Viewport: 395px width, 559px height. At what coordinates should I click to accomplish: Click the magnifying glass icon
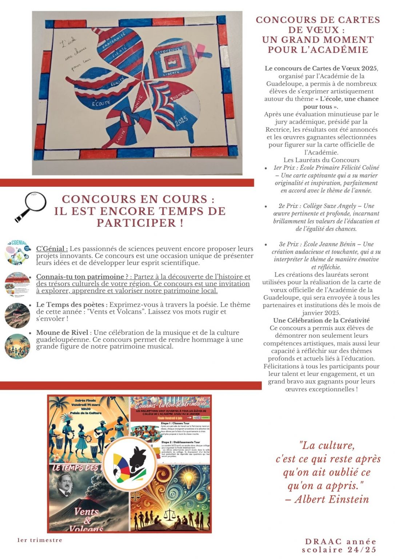31,206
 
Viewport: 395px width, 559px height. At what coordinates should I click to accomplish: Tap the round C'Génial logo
17,253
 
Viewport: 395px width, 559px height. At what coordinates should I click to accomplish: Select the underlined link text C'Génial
52,249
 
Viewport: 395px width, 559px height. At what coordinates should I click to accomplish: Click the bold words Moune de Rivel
62,333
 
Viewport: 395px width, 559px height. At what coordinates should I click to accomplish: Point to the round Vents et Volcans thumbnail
17,316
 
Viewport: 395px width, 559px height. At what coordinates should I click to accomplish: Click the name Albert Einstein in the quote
331,499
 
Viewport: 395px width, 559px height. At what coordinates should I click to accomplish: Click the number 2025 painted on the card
181,121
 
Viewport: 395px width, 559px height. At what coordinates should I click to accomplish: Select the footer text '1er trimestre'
40,540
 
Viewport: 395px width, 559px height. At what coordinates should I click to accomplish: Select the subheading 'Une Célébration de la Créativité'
321,321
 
